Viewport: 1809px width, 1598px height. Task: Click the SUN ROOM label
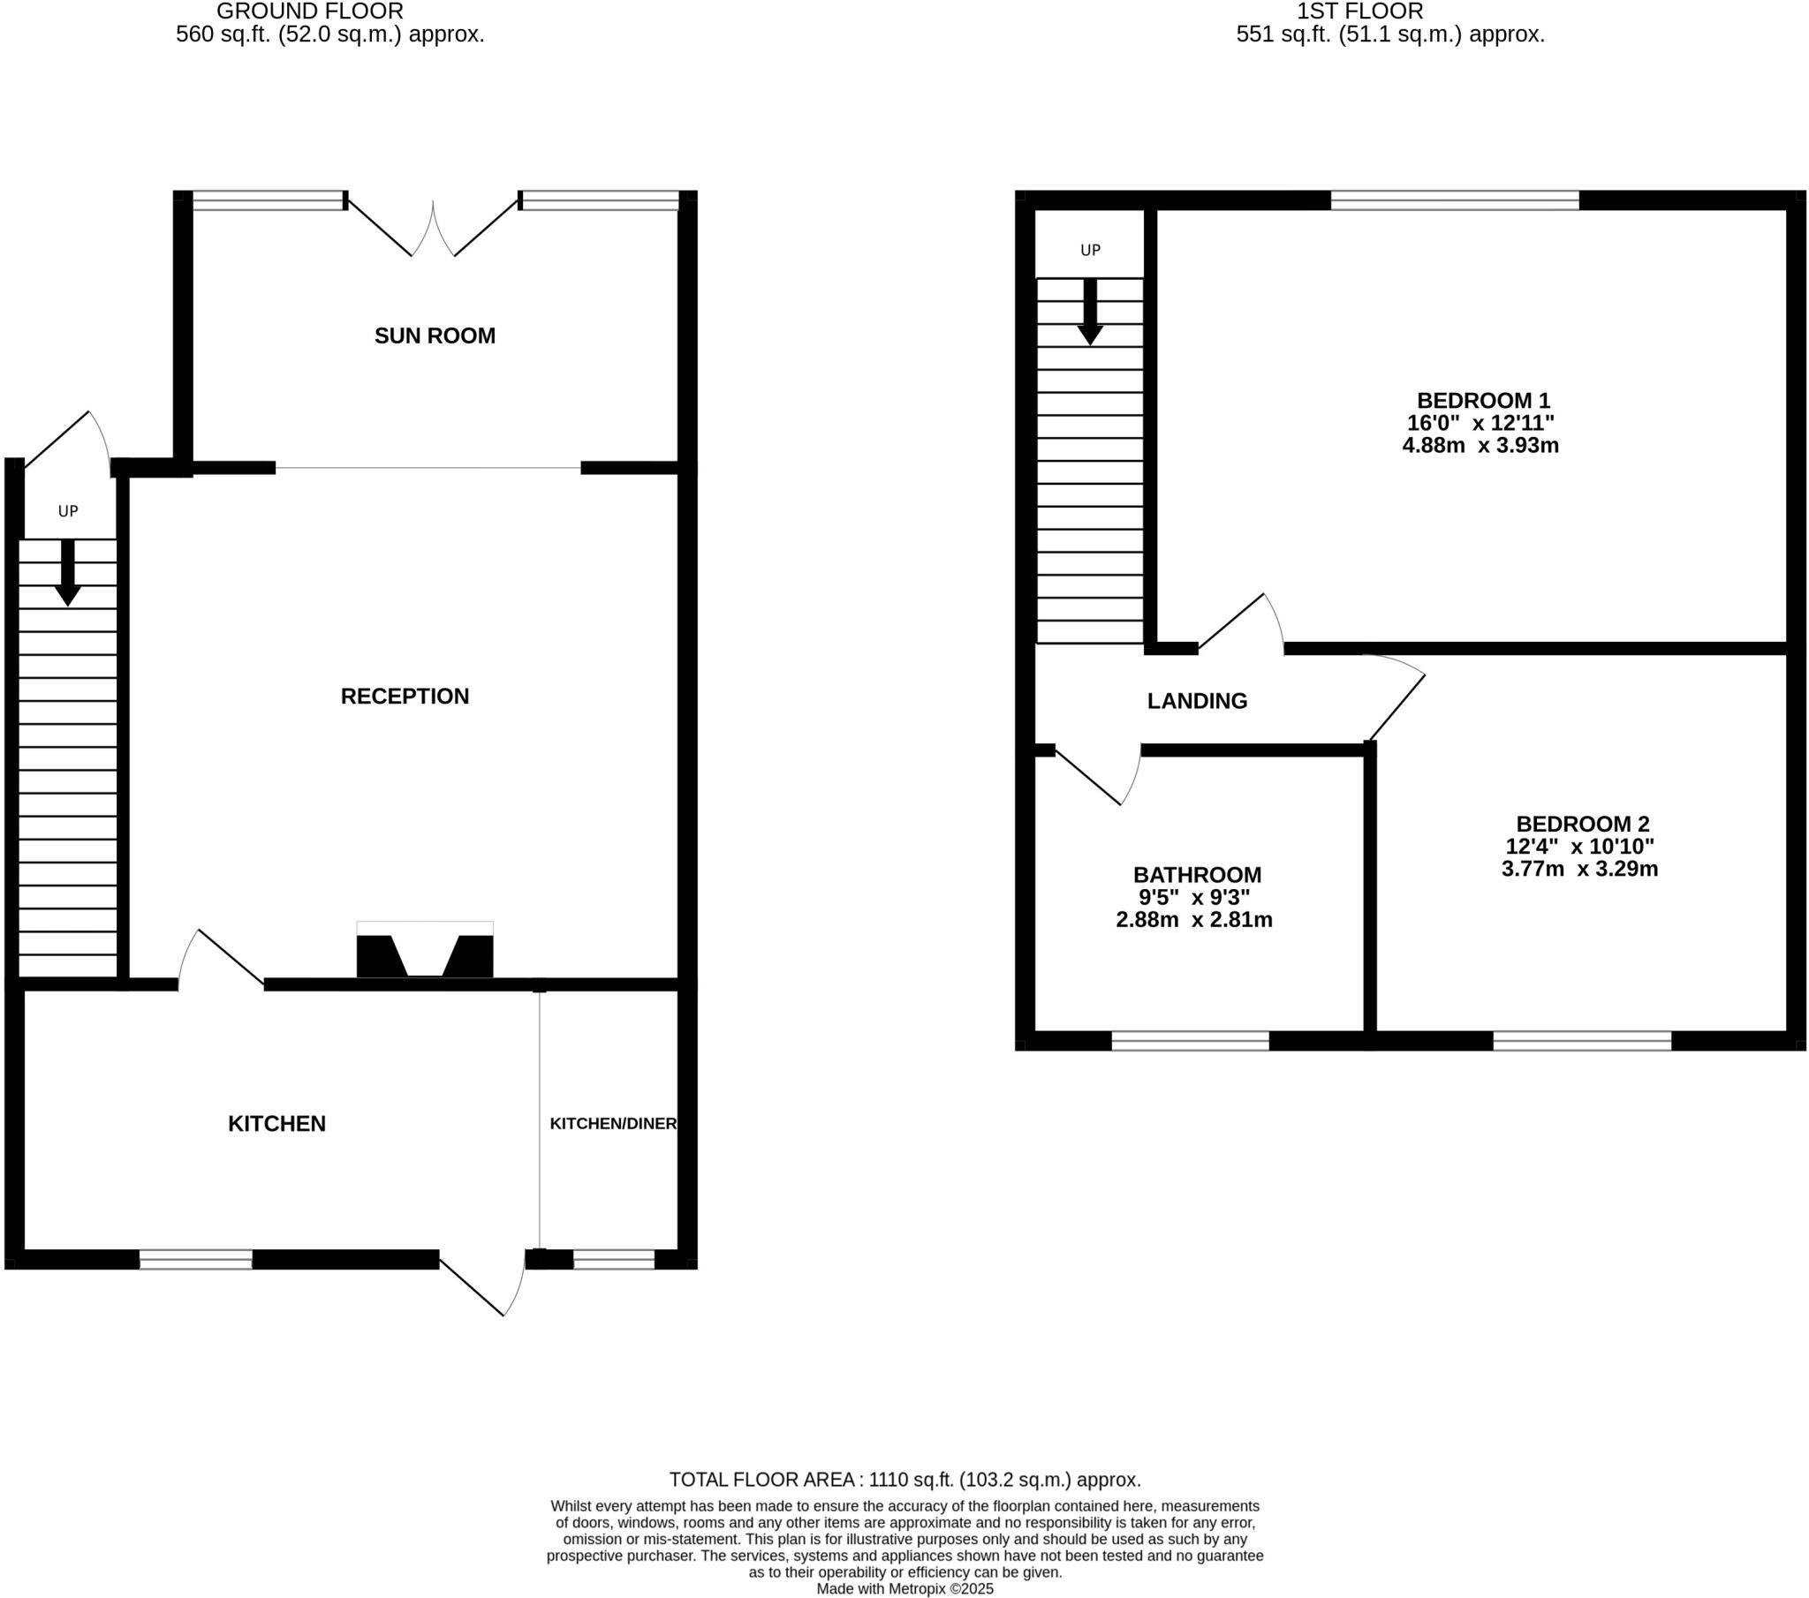435,336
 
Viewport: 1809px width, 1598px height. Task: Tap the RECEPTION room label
405,697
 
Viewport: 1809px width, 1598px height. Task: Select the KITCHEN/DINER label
612,1124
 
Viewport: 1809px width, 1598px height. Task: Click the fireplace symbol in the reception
425,951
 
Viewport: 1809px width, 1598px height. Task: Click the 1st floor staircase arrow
1089,312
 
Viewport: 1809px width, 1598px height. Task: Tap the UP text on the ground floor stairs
68,511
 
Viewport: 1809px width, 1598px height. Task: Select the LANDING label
1197,701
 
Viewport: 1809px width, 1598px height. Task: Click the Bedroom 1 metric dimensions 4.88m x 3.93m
1480,446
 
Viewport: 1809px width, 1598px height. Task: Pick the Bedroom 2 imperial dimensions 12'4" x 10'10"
1578,847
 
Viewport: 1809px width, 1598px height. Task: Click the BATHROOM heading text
1197,875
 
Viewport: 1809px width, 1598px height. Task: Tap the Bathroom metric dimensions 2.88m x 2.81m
1194,920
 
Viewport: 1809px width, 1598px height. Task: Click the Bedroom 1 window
1454,201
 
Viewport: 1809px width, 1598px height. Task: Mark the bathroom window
1190,1042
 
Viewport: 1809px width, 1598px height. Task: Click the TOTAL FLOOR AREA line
904,1480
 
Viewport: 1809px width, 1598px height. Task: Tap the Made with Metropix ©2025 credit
904,1589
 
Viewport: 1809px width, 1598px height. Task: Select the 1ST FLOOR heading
1359,11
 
